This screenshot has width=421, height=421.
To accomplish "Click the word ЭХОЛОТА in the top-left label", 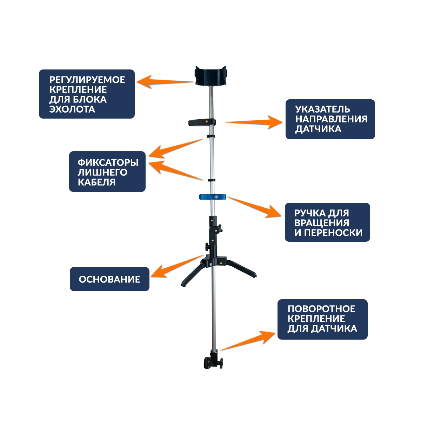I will point(72,109).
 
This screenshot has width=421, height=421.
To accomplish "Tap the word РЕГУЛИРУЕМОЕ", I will point(87,80).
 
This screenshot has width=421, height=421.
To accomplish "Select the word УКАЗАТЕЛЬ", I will point(322,109).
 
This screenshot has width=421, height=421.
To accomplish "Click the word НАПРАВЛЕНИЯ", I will point(331,119).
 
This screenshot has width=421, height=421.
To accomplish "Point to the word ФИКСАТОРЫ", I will point(108,163).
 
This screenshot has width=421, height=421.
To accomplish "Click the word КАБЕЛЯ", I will point(96,182).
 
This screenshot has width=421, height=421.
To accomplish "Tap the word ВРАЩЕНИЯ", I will point(322,223).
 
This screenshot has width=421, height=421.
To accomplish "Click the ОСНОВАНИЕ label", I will point(109,280).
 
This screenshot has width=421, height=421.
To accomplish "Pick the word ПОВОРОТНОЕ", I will point(321,309).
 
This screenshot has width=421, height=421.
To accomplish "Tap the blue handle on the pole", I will point(213,197).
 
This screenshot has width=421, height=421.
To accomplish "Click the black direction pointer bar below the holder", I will point(202,122).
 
